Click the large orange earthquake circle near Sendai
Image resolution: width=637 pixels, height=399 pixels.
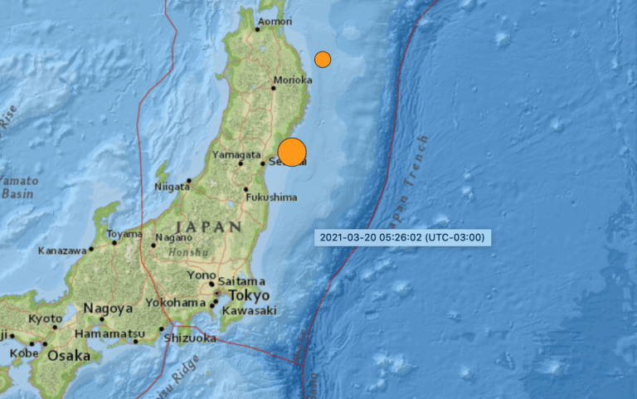click(x=292, y=153)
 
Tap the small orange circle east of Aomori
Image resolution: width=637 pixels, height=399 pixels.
click(x=323, y=59)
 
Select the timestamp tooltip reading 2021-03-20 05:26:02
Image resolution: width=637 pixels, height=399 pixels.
click(x=403, y=238)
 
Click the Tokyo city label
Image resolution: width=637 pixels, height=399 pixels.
click(x=250, y=296)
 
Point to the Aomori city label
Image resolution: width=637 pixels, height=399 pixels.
click(x=275, y=22)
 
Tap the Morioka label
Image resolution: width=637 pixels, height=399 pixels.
click(x=293, y=80)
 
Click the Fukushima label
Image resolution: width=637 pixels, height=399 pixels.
click(x=272, y=197)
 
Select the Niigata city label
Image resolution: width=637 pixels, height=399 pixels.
click(x=172, y=187)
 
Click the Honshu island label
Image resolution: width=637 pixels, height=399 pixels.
click(x=184, y=252)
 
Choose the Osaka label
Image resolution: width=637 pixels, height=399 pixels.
click(x=68, y=355)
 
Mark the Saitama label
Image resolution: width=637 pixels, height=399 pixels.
click(x=242, y=281)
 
